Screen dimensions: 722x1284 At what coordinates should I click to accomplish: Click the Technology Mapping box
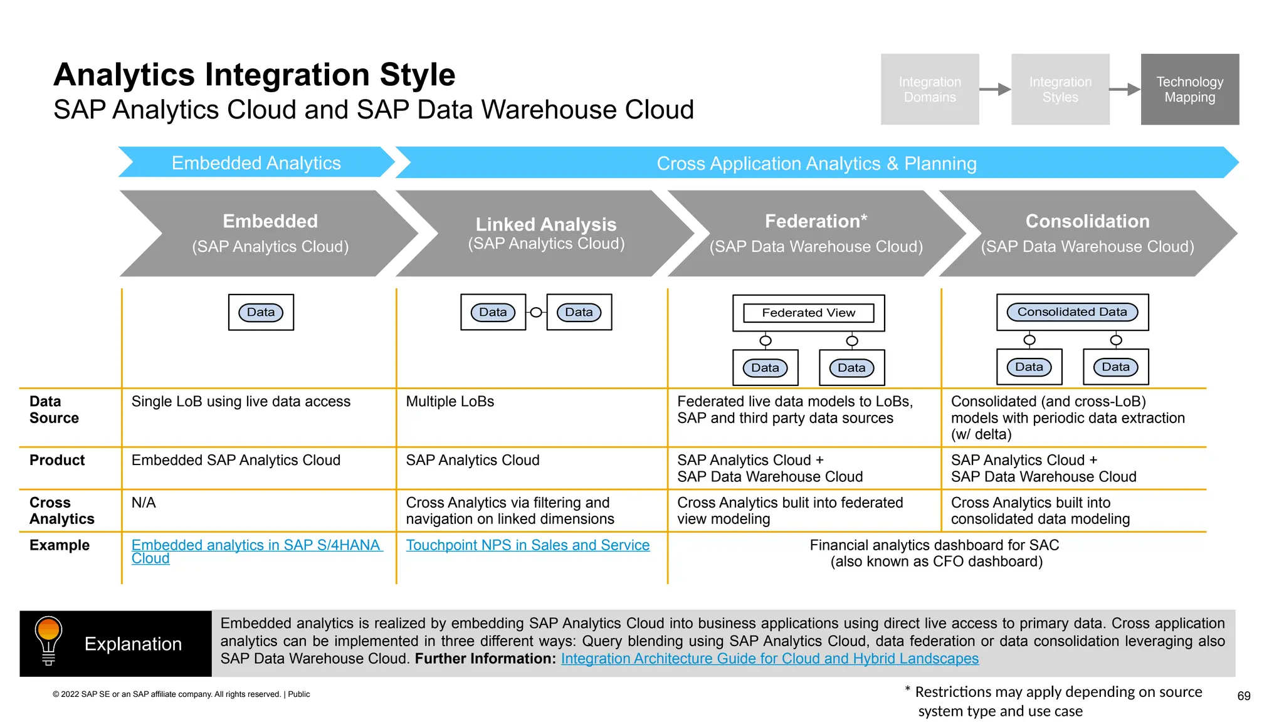(x=1189, y=89)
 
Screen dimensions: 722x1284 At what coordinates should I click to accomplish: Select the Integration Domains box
(x=929, y=89)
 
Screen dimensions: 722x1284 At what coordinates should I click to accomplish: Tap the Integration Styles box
(x=1060, y=89)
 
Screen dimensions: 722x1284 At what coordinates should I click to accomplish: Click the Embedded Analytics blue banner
(x=256, y=163)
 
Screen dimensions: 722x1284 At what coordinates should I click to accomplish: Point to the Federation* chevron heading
(x=815, y=221)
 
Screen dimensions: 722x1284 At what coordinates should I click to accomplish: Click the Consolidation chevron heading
(x=1087, y=221)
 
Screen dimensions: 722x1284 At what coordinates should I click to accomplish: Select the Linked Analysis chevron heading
(x=545, y=224)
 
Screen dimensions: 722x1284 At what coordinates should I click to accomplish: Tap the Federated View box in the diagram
(x=808, y=313)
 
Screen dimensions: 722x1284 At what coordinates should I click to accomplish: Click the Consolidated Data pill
(x=1071, y=312)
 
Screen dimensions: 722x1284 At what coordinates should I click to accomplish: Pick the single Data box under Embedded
(x=261, y=312)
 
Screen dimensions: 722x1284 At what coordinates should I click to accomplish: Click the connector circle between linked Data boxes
(x=536, y=312)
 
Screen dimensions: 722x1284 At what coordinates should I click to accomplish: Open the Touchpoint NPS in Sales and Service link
(x=527, y=545)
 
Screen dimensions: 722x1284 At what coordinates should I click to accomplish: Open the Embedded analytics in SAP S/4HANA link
(x=256, y=545)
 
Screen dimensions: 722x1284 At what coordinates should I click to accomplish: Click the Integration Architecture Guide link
(x=769, y=659)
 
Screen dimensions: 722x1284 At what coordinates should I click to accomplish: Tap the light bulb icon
(x=48, y=640)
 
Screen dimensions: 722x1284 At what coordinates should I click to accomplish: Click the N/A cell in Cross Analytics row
(x=144, y=503)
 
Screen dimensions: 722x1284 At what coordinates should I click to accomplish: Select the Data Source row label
(x=54, y=410)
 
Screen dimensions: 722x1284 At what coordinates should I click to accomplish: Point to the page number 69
(x=1243, y=696)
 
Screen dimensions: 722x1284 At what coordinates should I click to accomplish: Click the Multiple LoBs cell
(x=450, y=402)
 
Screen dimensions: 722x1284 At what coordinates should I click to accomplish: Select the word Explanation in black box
(x=133, y=644)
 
